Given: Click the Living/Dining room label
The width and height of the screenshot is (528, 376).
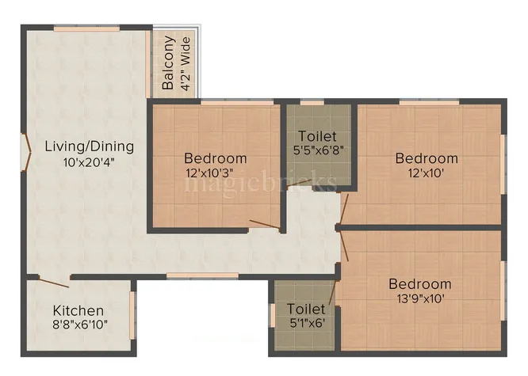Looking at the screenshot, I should click(x=89, y=146).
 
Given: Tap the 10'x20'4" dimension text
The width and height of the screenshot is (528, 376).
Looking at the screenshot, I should click(x=89, y=162).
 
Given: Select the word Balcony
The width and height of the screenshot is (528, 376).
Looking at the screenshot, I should click(x=168, y=63).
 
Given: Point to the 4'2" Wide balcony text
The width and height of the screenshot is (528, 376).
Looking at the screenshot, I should click(x=186, y=63).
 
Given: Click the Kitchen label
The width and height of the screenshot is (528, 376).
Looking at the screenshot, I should click(x=78, y=310).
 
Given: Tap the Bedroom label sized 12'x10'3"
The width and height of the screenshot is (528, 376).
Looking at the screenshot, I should click(x=215, y=158).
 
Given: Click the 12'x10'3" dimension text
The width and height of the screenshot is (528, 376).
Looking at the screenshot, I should click(x=215, y=173).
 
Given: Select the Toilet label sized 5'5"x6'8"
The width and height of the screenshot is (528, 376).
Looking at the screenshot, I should click(x=317, y=136).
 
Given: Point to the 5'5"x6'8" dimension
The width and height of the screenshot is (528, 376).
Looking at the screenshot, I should click(x=317, y=150).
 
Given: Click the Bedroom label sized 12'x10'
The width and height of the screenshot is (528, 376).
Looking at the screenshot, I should click(x=427, y=158).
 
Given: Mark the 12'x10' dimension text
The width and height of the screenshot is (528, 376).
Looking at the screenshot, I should click(x=427, y=173).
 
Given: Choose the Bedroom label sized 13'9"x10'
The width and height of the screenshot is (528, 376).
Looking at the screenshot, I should click(x=420, y=283).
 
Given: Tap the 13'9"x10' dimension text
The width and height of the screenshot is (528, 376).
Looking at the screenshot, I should click(x=420, y=298).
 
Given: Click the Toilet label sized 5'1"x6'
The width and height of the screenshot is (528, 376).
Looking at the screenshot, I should click(x=306, y=308).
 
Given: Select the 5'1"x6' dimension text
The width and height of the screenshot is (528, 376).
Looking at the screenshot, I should click(x=306, y=322).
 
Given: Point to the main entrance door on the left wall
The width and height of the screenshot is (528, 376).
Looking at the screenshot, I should click(x=27, y=150).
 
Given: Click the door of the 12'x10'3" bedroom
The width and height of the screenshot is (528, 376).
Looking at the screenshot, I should click(x=266, y=225).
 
